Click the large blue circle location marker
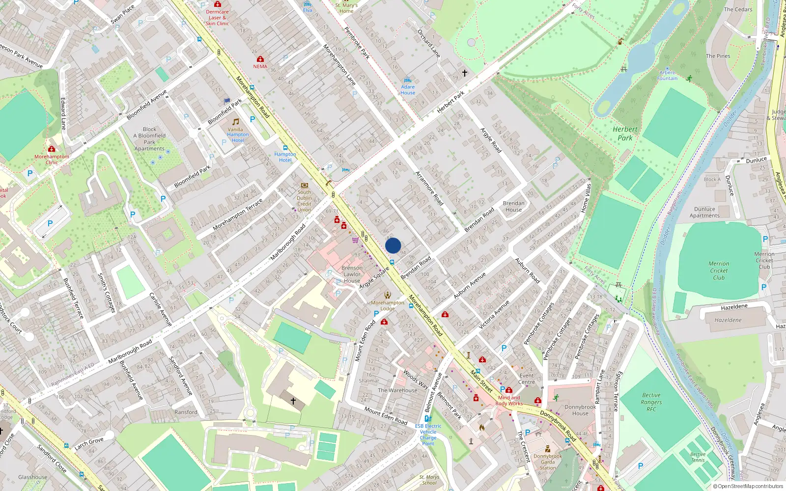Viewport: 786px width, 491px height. [x=393, y=245]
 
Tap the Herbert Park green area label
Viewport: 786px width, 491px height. [x=625, y=134]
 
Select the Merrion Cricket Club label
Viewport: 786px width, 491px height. [x=719, y=271]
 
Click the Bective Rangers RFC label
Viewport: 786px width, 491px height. [x=651, y=402]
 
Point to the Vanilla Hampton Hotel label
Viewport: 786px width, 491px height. [x=238, y=135]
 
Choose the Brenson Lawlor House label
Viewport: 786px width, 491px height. [x=352, y=274]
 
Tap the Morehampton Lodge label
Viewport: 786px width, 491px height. [x=388, y=305]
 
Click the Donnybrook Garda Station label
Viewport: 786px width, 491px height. [x=548, y=462]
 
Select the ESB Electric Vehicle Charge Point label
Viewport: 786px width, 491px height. [x=428, y=435]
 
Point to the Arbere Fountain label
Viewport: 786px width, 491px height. [x=667, y=75]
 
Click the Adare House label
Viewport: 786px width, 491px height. [x=408, y=90]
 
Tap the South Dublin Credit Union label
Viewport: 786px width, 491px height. [x=304, y=201]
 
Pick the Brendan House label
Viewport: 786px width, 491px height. [x=514, y=206]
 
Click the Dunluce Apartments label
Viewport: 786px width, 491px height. [x=704, y=212]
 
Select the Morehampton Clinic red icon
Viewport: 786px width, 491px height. [x=52, y=149]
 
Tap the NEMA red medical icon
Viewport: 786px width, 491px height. [x=260, y=59]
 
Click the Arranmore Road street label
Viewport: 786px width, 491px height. [x=429, y=188]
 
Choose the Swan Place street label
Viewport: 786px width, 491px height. [x=122, y=15]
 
